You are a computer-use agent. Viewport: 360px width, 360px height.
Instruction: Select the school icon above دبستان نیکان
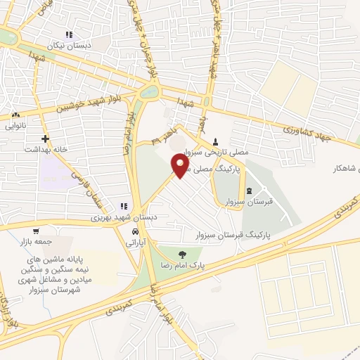(x=69, y=34)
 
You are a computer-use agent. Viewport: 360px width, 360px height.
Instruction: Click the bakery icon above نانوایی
(x=15, y=115)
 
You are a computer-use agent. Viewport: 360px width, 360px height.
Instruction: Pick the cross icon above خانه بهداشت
(x=46, y=139)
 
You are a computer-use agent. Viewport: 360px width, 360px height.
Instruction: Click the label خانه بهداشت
(x=44, y=149)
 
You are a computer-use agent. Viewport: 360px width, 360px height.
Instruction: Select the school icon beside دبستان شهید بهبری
(x=124, y=207)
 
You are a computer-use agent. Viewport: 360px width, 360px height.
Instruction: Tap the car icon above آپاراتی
(x=134, y=231)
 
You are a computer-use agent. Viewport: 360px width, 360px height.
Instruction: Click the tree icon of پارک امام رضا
(x=183, y=255)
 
